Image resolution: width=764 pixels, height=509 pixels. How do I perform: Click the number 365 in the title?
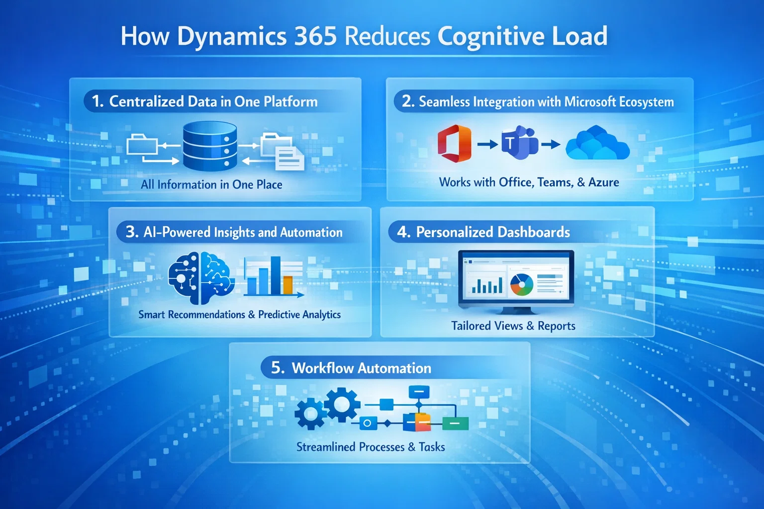coord(315,36)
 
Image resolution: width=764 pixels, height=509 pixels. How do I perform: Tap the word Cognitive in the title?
coord(490,36)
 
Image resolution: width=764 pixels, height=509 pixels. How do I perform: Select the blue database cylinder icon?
coord(209,146)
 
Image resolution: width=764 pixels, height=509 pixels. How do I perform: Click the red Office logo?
coord(455,144)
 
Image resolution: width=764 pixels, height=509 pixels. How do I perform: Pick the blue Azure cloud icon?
coord(597,144)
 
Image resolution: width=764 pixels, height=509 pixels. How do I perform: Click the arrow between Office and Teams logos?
coord(487,145)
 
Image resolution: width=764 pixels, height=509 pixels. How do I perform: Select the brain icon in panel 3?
coord(201,278)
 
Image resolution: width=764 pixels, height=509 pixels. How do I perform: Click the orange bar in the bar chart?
coord(287,285)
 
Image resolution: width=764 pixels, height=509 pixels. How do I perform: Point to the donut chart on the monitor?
coord(521,285)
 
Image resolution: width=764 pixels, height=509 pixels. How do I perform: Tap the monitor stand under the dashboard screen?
coord(516,310)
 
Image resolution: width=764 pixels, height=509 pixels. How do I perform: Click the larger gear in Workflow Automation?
coord(342,404)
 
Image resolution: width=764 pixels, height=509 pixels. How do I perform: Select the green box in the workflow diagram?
coord(455,424)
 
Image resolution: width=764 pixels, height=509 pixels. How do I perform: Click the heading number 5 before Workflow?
coord(277,368)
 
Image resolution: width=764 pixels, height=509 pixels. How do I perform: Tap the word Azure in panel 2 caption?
coord(603,182)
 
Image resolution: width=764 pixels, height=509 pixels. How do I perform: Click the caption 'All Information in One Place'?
coord(211,184)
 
